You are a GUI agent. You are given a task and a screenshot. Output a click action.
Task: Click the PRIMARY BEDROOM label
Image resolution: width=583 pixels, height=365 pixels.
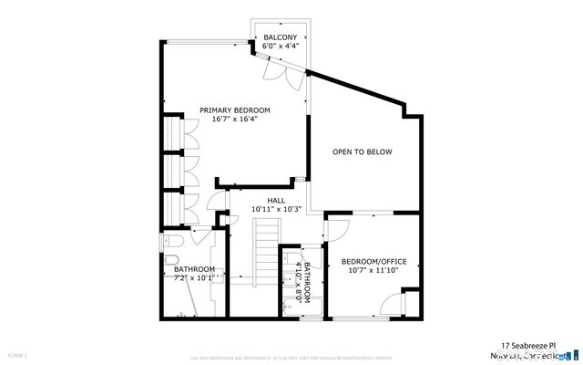click(235, 109)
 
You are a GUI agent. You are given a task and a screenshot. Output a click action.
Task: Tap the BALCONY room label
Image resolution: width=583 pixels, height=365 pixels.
click(280, 36)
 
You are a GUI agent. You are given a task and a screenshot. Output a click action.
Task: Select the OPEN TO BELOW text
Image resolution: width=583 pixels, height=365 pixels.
click(362, 151)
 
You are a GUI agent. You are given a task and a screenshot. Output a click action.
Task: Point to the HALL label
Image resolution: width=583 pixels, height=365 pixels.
click(276, 200)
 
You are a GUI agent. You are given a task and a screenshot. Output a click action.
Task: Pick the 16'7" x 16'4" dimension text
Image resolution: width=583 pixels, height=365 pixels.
click(235, 119)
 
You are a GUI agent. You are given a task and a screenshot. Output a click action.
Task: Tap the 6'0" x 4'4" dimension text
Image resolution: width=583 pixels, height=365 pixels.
click(280, 46)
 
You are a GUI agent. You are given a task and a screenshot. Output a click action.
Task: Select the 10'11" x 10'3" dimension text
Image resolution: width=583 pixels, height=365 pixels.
click(276, 209)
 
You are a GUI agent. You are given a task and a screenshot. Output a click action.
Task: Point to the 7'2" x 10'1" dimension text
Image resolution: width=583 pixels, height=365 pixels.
click(194, 277)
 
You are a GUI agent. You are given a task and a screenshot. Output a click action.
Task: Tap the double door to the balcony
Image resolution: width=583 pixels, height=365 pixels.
click(277, 71)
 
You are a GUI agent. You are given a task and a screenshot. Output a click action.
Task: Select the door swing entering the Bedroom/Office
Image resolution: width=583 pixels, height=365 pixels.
click(334, 229)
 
